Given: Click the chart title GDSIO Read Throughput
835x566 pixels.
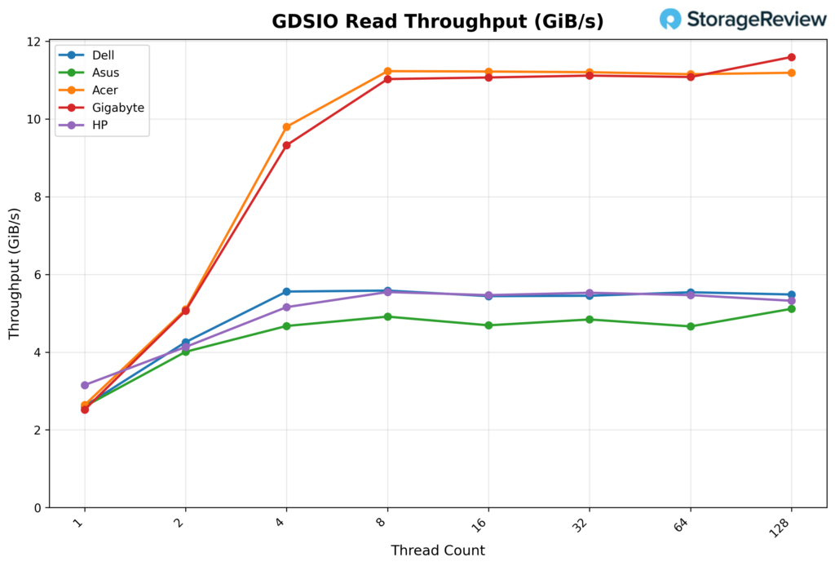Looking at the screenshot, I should [x=438, y=21].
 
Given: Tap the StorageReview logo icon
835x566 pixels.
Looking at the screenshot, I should [x=670, y=20].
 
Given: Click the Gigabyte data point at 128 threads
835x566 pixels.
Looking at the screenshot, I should [x=791, y=57].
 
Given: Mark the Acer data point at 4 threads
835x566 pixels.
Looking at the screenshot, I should [x=286, y=127].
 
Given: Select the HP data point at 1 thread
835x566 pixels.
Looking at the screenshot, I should [x=85, y=385].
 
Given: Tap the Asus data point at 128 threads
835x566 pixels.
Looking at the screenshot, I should [x=791, y=309].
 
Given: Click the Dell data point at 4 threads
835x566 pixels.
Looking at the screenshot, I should [x=286, y=292].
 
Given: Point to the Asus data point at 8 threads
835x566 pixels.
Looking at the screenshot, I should [x=387, y=316].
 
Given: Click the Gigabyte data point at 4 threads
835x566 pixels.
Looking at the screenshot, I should [x=286, y=145].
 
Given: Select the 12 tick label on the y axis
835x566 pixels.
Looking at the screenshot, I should [x=34, y=42].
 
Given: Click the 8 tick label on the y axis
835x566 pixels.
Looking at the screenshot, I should [x=38, y=197].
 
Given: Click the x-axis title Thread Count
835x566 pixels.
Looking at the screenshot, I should [x=438, y=551].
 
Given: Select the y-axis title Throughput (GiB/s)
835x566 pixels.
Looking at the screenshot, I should [x=15, y=275].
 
